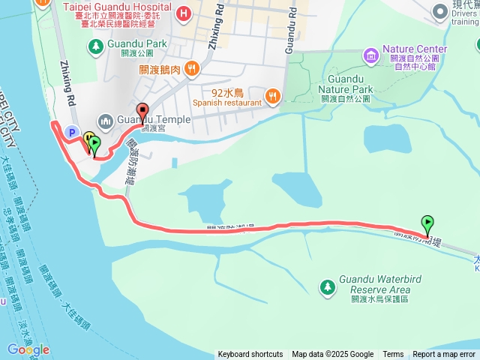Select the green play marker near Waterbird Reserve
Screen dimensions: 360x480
[x=427, y=223]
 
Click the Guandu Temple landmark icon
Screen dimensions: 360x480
[x=106, y=120]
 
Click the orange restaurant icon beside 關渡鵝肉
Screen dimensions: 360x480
[x=193, y=69]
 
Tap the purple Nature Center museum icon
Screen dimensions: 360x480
[x=370, y=55]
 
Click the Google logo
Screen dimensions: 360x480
[x=28, y=349]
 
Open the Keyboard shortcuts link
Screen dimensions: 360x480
[x=250, y=355]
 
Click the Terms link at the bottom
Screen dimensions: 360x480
[x=393, y=355]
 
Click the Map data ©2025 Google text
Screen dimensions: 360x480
[x=332, y=355]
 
